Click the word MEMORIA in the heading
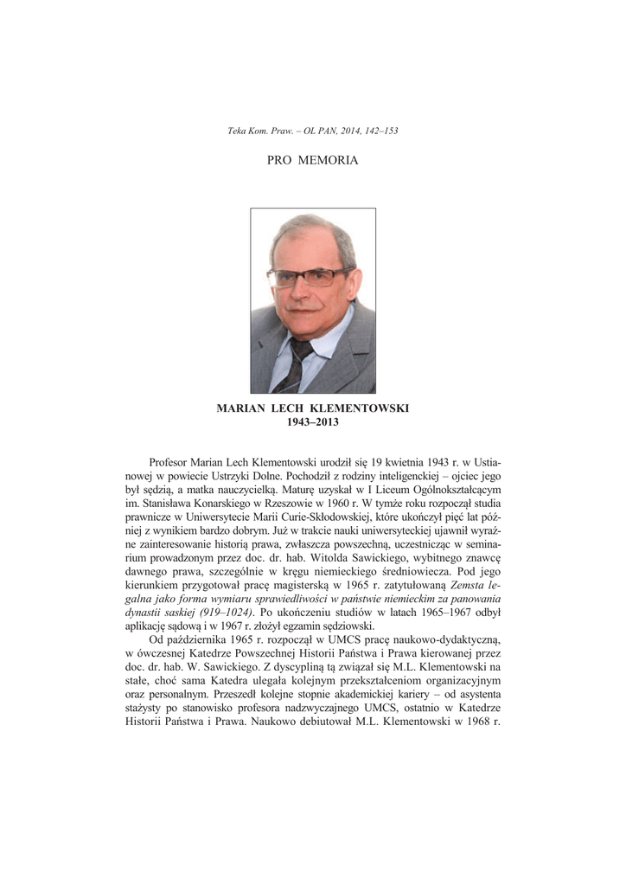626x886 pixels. [328, 161]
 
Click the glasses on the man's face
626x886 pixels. [310, 277]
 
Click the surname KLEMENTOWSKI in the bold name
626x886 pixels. [360, 408]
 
